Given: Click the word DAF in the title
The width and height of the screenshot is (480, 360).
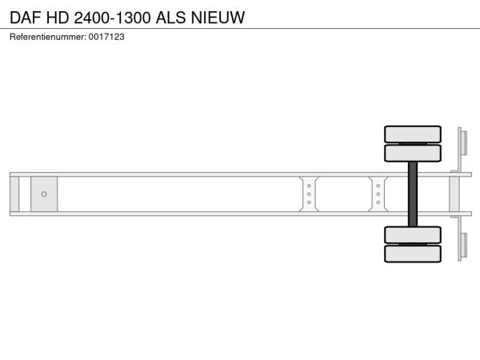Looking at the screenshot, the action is pos(26,18).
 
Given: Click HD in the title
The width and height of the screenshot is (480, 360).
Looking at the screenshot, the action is pos(58,18).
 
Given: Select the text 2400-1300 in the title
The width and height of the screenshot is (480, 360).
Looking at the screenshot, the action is pos(112,18).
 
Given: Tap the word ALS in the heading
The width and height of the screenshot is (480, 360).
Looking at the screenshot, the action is pos(171,18).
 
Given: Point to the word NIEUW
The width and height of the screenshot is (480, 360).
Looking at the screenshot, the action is pos(218,18).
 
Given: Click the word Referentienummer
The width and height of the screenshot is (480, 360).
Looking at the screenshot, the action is pos(48,37).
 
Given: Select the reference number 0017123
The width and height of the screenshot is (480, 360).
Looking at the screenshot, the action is pos(106,37).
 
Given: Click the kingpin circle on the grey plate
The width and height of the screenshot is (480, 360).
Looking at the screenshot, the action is pos(44,194).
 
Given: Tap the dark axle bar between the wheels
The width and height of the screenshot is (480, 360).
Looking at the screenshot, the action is pos(413,194).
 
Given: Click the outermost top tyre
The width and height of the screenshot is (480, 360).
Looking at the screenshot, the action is pos(413,134).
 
